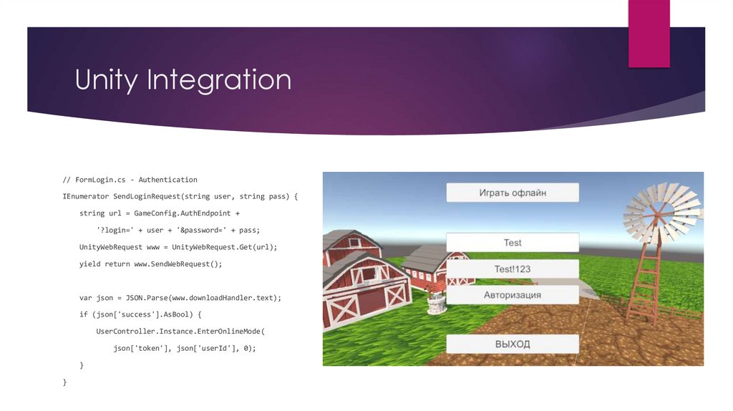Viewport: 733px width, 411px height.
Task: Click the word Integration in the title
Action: click(x=219, y=80)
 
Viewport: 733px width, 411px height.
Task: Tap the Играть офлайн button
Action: click(x=512, y=193)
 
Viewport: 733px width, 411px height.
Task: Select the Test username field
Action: click(x=512, y=243)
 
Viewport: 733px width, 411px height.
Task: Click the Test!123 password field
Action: click(x=512, y=269)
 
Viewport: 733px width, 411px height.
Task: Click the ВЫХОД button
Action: click(x=512, y=344)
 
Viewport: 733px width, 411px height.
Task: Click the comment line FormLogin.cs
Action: click(x=130, y=180)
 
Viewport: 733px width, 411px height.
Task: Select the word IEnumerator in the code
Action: click(x=85, y=196)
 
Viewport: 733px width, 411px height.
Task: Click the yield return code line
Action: click(x=151, y=264)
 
